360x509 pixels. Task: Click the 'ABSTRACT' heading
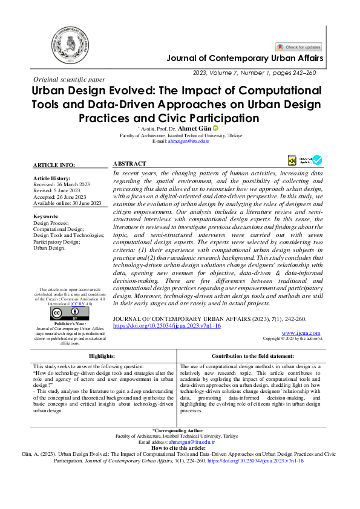pos(129,163)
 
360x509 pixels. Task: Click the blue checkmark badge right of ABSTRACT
pos(316,160)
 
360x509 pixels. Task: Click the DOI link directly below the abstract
pos(167,325)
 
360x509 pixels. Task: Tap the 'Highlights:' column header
pos(102,357)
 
